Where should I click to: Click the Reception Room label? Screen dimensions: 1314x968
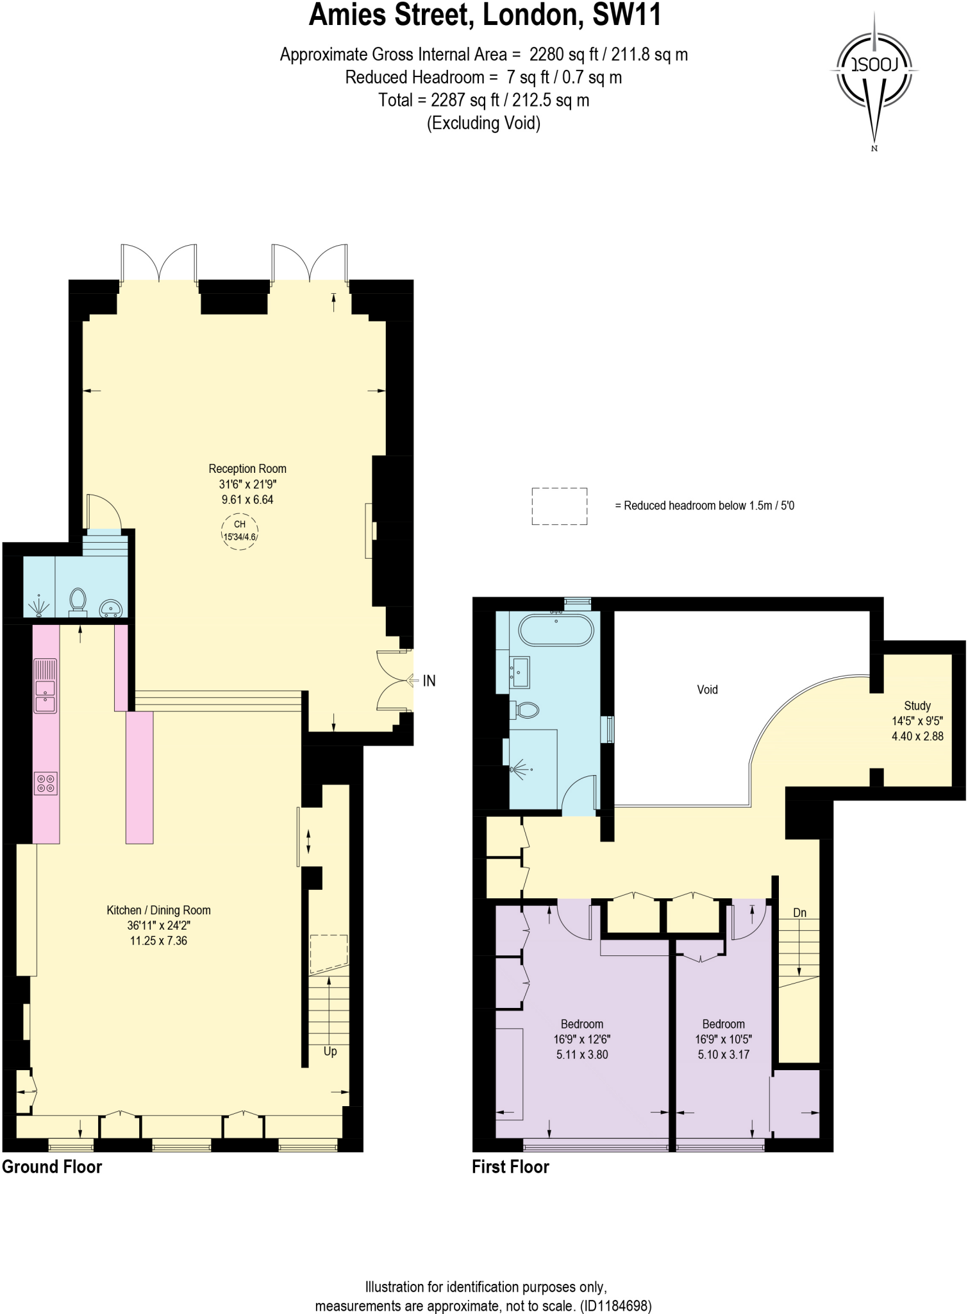click(x=247, y=469)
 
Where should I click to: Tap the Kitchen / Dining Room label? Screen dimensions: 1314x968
click(x=158, y=910)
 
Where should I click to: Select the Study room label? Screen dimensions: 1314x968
click(x=917, y=705)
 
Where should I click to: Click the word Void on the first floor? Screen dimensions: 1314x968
click(x=707, y=690)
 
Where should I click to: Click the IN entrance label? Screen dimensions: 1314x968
click(x=429, y=681)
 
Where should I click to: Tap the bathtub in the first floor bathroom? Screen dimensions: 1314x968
click(x=555, y=630)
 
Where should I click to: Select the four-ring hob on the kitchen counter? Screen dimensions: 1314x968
click(x=46, y=783)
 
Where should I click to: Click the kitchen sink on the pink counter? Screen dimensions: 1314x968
click(x=46, y=695)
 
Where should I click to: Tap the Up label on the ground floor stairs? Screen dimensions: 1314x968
click(x=330, y=1051)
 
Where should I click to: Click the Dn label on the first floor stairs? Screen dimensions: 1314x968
click(x=799, y=913)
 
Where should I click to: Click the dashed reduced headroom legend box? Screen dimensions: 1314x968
click(x=559, y=506)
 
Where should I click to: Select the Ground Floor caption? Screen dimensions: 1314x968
click(x=52, y=1166)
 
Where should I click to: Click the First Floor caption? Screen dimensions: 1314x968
click(x=510, y=1166)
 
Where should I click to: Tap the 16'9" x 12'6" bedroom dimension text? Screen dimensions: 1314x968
click(x=582, y=1039)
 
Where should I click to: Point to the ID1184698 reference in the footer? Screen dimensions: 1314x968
click(x=615, y=1306)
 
